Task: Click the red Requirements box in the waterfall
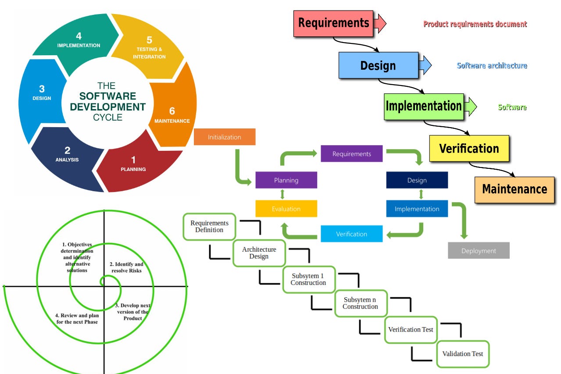(x=333, y=23)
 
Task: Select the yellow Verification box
(x=469, y=148)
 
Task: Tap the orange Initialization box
(x=224, y=137)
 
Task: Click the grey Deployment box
(x=479, y=251)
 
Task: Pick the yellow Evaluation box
(x=286, y=209)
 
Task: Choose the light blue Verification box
(x=351, y=234)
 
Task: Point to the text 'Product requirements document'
(x=475, y=25)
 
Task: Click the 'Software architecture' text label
(x=492, y=66)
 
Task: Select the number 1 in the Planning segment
(x=133, y=160)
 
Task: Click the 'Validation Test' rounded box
(x=463, y=354)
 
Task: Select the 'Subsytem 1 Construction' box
(x=308, y=279)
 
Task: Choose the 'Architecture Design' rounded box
(x=259, y=253)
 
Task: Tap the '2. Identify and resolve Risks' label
(x=126, y=267)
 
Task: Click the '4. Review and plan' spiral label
(x=77, y=318)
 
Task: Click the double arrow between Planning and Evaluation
(x=282, y=194)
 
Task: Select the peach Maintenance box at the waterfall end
(x=514, y=189)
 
